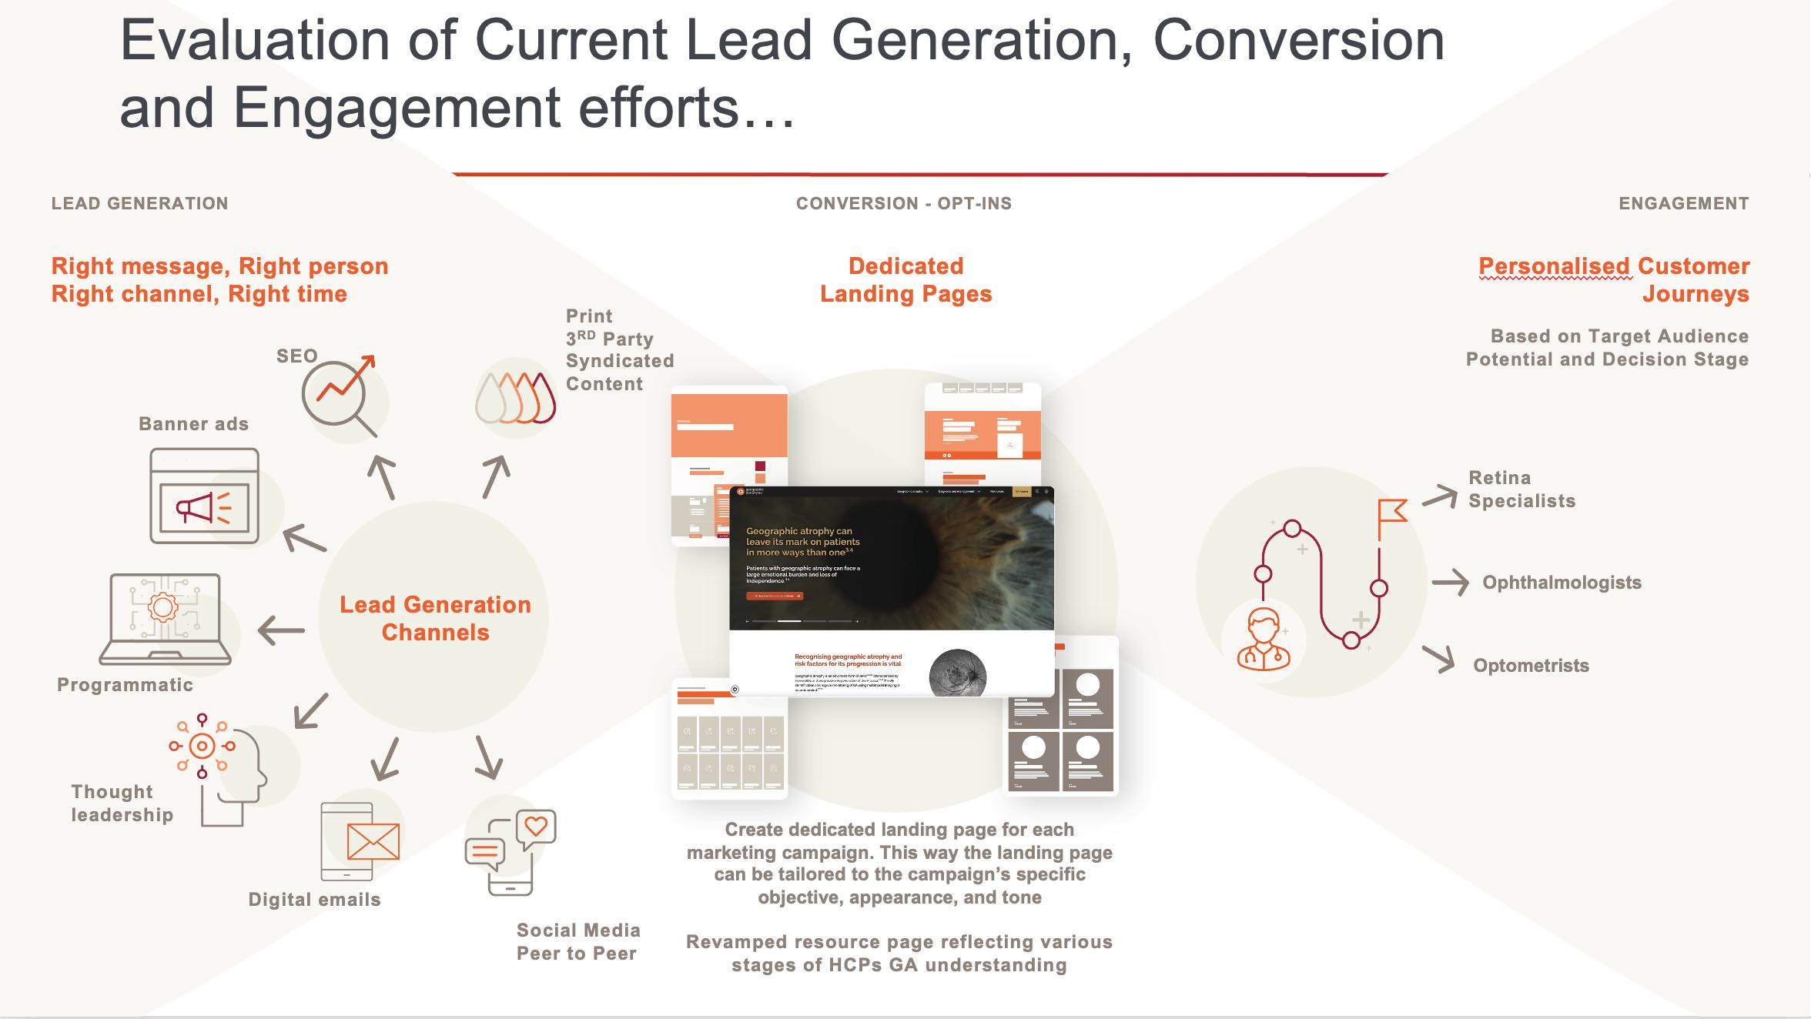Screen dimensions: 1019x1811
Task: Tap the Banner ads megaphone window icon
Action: [204, 497]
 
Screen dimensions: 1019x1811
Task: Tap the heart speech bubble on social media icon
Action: [536, 828]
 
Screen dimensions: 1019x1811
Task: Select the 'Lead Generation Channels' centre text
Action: [435, 618]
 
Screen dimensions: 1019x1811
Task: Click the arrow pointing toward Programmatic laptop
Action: [281, 631]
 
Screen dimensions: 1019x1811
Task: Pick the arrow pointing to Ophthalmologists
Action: [1450, 583]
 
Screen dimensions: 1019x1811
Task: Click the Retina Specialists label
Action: [1521, 489]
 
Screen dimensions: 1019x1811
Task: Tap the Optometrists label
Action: [1531, 666]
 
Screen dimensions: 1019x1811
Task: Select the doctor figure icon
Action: [1263, 639]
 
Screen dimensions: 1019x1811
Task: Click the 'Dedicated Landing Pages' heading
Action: [905, 280]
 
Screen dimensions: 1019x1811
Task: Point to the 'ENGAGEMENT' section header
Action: [1683, 204]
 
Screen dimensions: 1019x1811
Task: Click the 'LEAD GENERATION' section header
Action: [139, 204]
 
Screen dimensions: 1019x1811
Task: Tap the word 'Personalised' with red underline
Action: [1554, 266]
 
